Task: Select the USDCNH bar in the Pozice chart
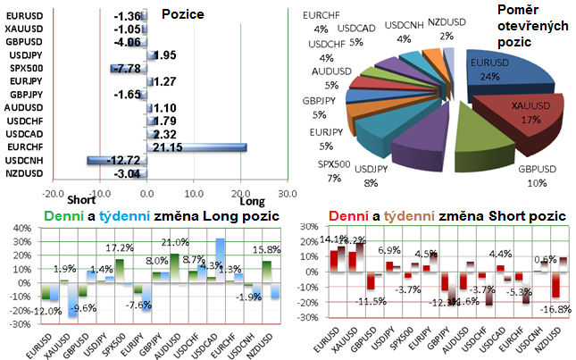(115, 160)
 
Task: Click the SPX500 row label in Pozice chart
(25, 68)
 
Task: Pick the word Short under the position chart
(82, 200)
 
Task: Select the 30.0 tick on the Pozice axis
(288, 192)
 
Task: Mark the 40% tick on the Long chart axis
(18, 229)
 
